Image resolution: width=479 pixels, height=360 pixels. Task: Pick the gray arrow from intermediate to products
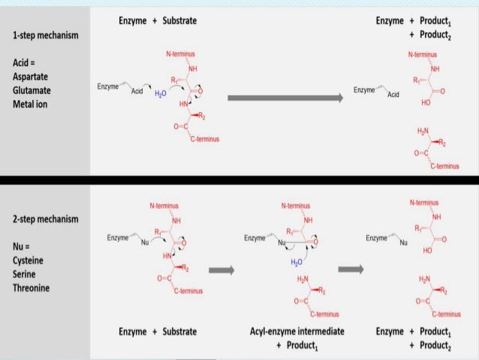pos(351,268)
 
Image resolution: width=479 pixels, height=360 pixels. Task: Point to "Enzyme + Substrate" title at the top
pos(158,20)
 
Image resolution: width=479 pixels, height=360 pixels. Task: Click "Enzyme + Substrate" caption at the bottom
pos(158,331)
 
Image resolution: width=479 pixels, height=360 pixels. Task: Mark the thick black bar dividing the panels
pos(239,180)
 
